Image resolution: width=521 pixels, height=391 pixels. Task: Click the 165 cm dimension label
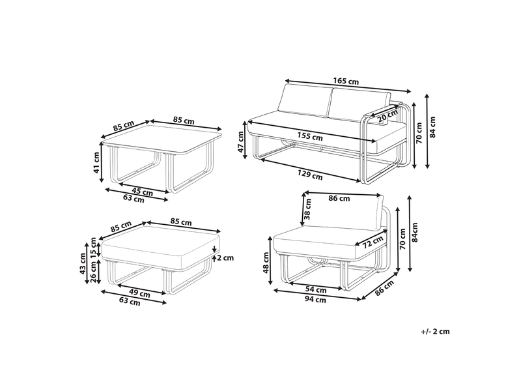point(346,81)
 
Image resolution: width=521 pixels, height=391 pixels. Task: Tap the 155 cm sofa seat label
point(310,136)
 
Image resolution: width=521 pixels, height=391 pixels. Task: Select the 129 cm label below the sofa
point(310,175)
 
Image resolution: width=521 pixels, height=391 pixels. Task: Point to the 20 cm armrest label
point(387,115)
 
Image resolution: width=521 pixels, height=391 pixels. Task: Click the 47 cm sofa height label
point(241,141)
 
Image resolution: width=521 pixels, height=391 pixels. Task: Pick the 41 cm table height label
point(96,162)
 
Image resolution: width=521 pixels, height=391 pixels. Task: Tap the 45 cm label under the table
point(142,192)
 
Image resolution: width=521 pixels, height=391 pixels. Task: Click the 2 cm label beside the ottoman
point(225,257)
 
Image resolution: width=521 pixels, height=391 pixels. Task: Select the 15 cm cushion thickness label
point(93,248)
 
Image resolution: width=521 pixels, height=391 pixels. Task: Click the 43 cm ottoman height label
point(83,263)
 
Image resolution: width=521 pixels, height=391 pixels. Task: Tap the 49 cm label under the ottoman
point(139,294)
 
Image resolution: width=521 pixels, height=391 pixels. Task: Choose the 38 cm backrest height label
point(307,209)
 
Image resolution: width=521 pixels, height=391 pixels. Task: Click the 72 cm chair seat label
point(373,242)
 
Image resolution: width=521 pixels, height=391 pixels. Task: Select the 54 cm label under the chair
point(316,290)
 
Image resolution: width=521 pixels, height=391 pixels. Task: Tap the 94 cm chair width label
point(315,300)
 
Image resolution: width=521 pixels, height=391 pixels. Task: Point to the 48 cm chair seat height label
point(266,263)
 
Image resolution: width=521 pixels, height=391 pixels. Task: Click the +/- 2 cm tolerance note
point(435,332)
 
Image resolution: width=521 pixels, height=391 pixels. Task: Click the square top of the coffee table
point(162,139)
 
